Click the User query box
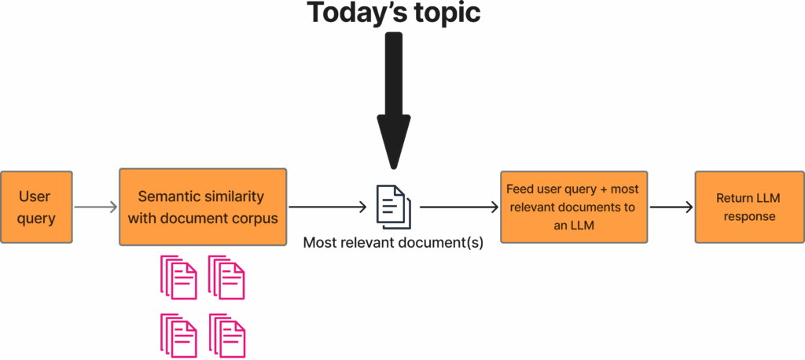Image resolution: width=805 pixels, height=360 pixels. tap(36, 207)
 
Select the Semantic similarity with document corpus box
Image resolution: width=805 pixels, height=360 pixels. tap(202, 207)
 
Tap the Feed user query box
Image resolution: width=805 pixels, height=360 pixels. tap(574, 207)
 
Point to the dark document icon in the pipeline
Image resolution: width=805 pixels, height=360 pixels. tap(394, 203)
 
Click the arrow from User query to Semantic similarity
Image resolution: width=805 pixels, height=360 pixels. tap(95, 208)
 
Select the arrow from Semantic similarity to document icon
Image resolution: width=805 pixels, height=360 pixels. tap(327, 208)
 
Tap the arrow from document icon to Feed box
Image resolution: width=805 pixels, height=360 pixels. tap(459, 208)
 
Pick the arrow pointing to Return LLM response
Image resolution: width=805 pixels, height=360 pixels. tap(671, 208)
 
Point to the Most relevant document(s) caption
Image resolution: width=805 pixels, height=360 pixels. tap(393, 243)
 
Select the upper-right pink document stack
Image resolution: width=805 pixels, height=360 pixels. tap(226, 277)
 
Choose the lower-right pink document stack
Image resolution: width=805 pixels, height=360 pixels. tap(227, 335)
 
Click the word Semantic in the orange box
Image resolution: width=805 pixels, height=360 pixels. tap(169, 197)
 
